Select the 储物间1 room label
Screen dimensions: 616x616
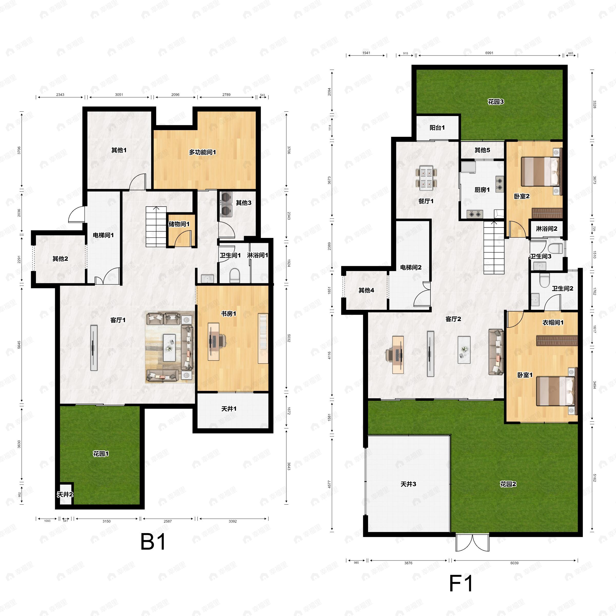click(x=179, y=224)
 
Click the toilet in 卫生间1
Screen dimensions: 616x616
click(x=234, y=275)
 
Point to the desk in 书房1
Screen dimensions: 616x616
click(x=214, y=341)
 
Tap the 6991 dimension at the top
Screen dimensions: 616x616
click(x=489, y=53)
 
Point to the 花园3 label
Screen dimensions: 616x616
click(x=496, y=102)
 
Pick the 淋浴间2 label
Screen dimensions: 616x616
click(x=546, y=229)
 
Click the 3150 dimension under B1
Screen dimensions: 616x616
click(x=107, y=521)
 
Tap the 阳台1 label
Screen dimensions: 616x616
click(x=437, y=128)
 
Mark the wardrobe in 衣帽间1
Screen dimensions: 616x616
click(x=557, y=341)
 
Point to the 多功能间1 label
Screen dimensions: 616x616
click(x=203, y=152)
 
